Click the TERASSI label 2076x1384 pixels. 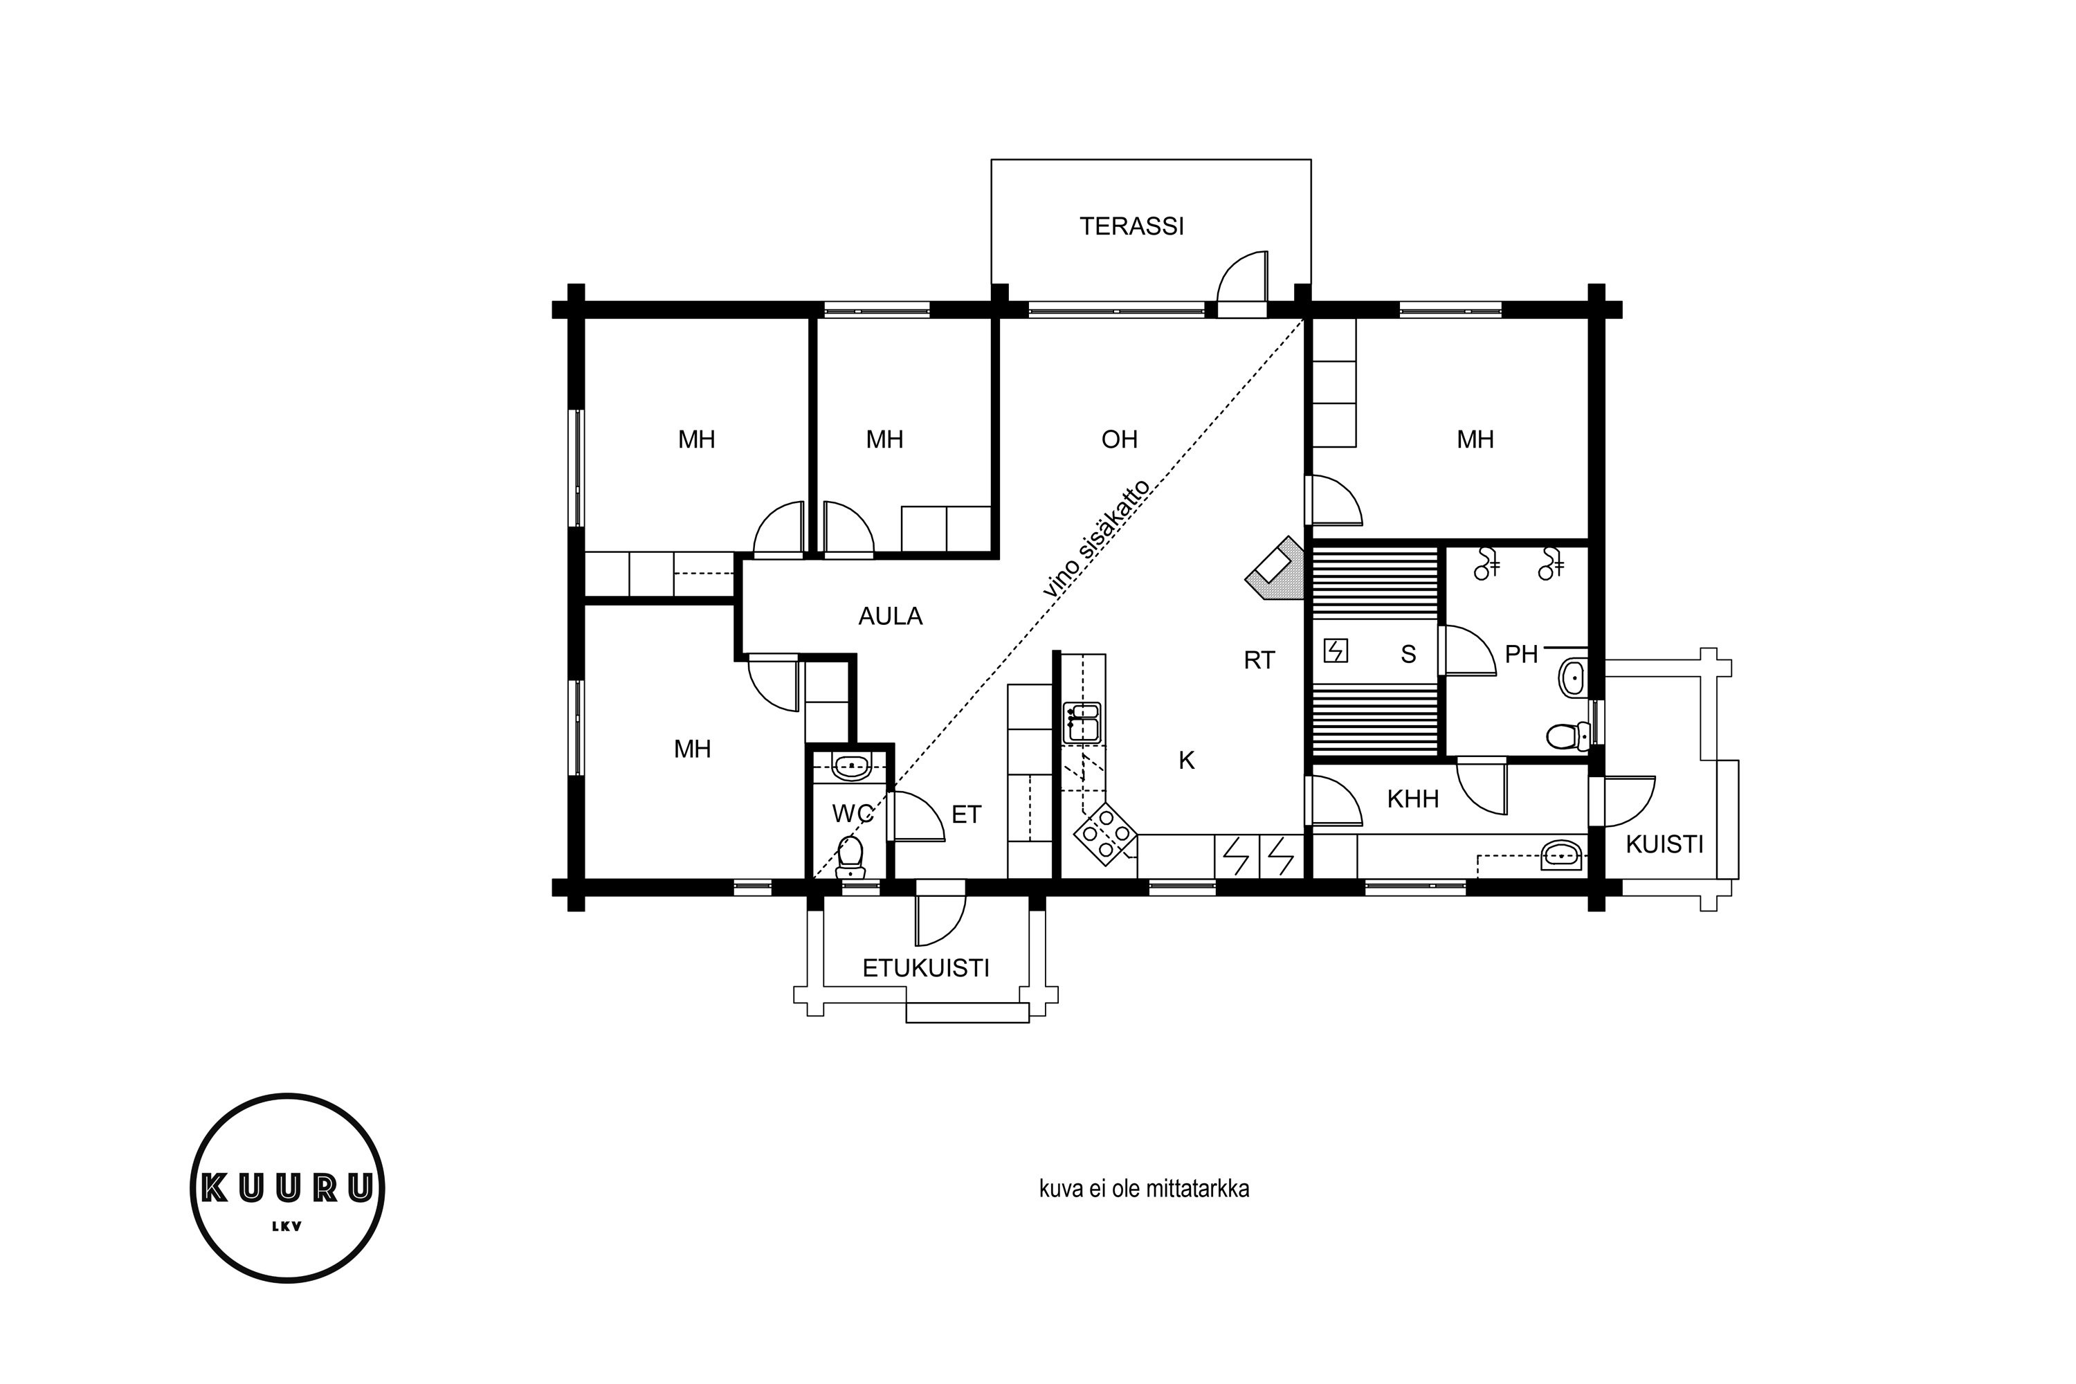pos(1131,227)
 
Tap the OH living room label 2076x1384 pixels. pos(1119,439)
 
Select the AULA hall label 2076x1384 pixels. pos(891,616)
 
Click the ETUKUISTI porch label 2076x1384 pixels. pos(926,968)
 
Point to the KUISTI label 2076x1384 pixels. pos(1665,845)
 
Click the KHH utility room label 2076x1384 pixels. pos(1413,799)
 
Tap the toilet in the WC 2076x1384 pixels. pos(850,857)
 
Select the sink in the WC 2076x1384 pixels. pos(852,768)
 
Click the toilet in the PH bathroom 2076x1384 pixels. pos(1569,734)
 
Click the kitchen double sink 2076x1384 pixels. pos(1082,722)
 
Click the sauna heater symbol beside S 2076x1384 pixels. pos(1336,651)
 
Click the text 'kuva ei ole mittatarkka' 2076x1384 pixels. pos(1144,1189)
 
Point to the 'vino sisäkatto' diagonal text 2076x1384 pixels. pos(1097,539)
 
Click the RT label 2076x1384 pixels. pos(1259,660)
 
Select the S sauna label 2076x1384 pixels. pos(1409,654)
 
